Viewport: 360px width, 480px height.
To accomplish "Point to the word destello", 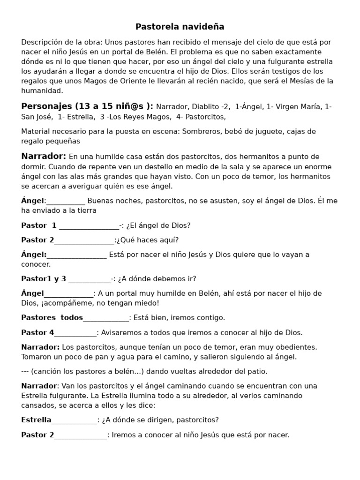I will click(x=143, y=167).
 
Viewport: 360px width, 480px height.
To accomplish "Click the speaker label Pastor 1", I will click(x=39, y=225).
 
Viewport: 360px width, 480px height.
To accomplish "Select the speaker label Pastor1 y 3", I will click(x=44, y=279).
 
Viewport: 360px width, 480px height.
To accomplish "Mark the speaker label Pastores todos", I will click(x=52, y=318).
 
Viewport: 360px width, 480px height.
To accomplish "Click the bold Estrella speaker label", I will click(x=36, y=420).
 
